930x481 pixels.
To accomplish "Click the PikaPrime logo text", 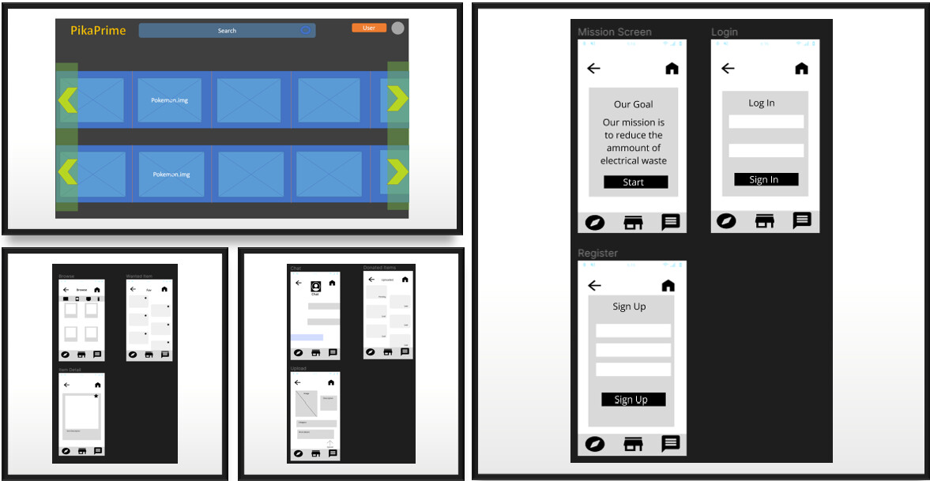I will click(x=98, y=31).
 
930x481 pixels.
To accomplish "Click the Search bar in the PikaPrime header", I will click(x=227, y=31).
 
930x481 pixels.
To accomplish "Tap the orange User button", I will click(x=369, y=28).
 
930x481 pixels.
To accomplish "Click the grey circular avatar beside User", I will click(x=398, y=28).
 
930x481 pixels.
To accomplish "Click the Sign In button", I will click(x=766, y=179).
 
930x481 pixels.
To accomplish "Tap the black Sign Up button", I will click(x=633, y=400).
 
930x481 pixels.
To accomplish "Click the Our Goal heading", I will click(x=634, y=104).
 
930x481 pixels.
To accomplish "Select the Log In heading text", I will click(x=762, y=103).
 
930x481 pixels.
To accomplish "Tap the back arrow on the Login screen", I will click(x=729, y=69).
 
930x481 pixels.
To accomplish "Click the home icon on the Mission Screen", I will click(x=672, y=69).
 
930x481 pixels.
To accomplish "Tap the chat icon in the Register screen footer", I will click(x=671, y=444).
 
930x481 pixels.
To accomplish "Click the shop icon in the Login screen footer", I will click(x=765, y=221).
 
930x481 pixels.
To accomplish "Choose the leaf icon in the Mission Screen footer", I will click(x=595, y=223).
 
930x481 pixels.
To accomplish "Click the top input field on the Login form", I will click(x=766, y=122).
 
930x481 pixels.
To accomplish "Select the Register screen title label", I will click(x=598, y=254).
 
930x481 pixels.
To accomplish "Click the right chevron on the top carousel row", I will click(x=397, y=99).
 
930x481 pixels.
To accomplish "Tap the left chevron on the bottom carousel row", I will click(x=68, y=171).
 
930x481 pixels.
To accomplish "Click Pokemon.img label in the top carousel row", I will click(x=171, y=100).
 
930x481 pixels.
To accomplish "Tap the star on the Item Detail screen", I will click(x=96, y=396).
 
